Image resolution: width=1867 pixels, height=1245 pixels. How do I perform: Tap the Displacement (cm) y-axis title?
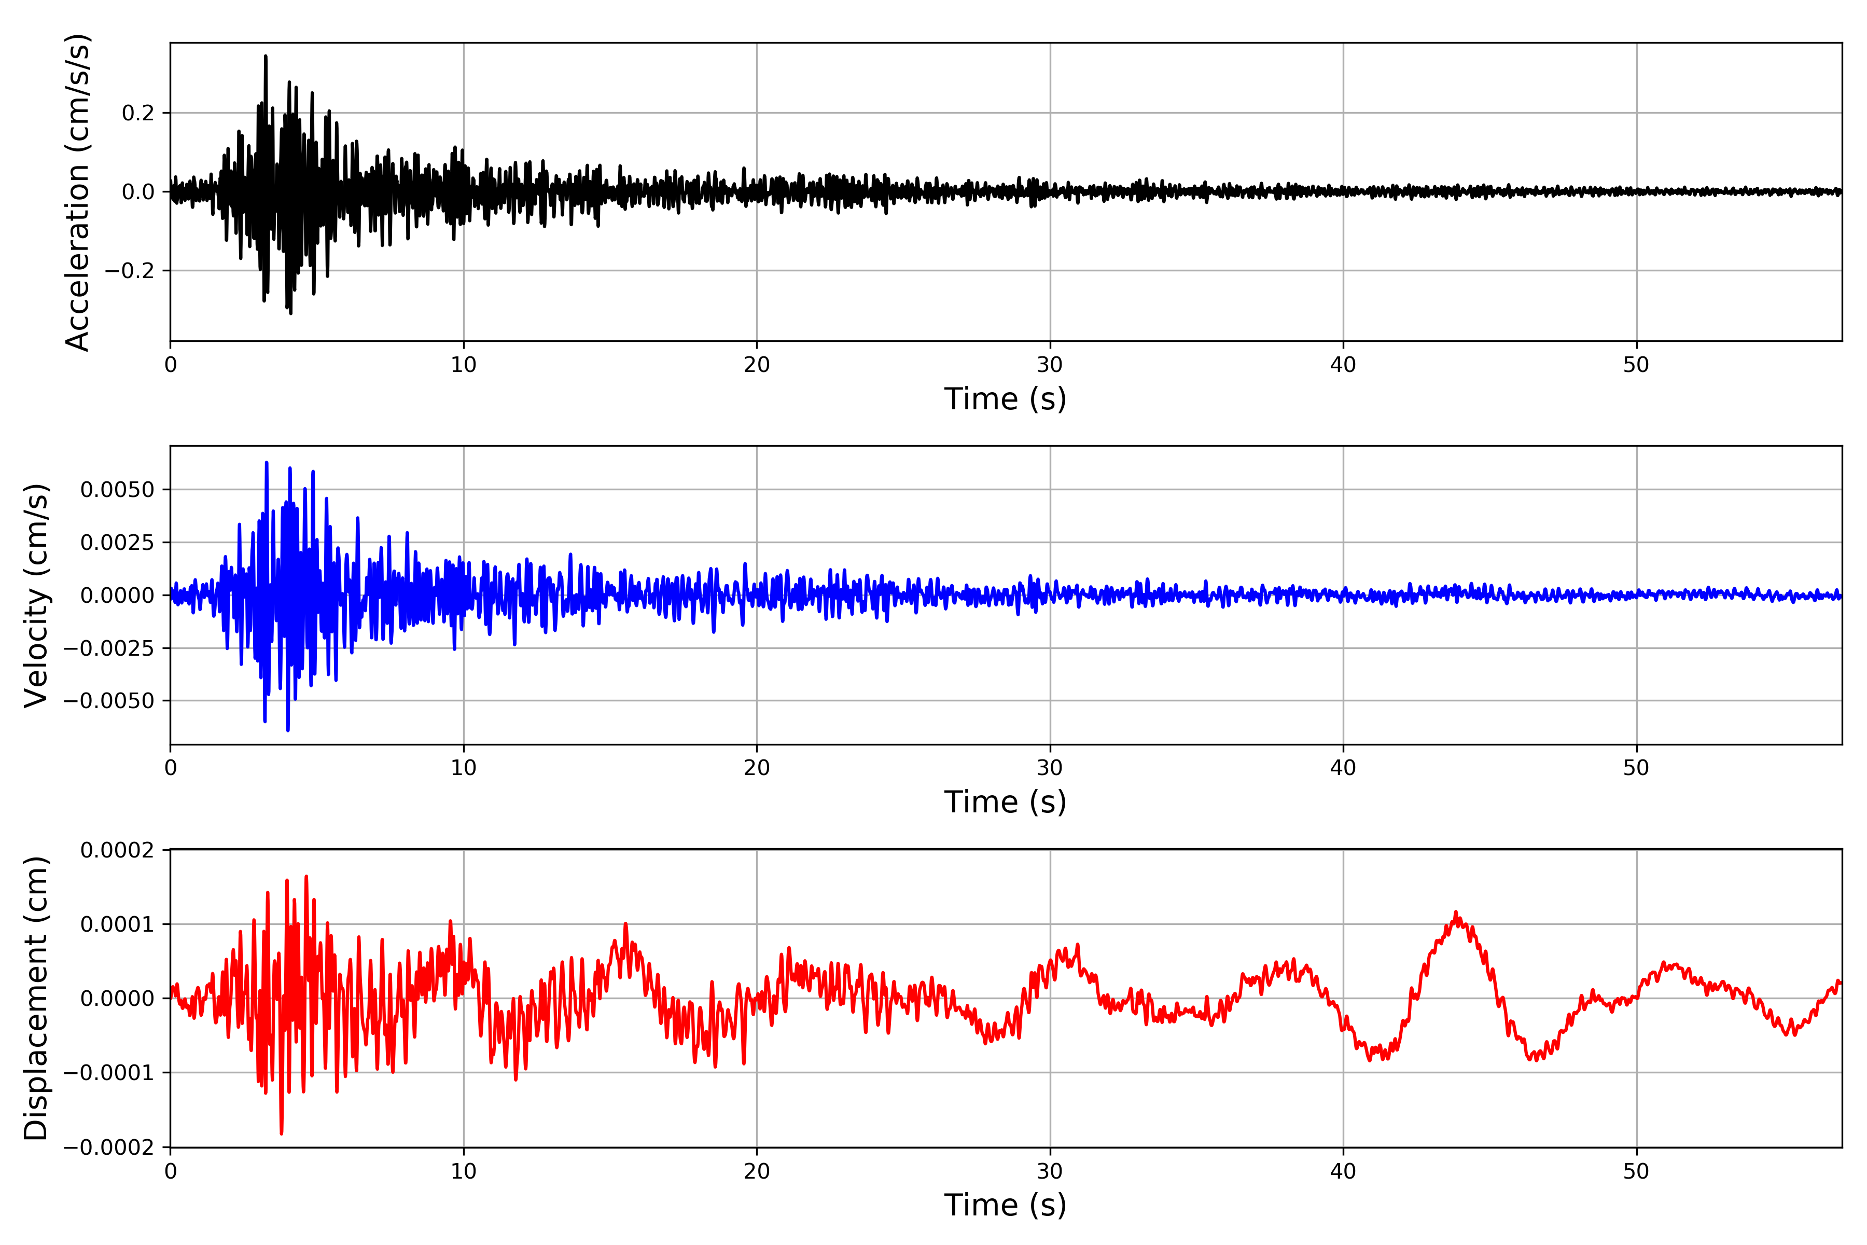pyautogui.click(x=36, y=998)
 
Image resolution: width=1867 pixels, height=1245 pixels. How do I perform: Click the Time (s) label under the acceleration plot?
pyautogui.click(x=1005, y=398)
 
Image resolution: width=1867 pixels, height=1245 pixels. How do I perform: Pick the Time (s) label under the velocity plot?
pyautogui.click(x=1005, y=802)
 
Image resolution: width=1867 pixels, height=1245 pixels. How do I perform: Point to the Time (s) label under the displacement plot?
pyautogui.click(x=1005, y=1205)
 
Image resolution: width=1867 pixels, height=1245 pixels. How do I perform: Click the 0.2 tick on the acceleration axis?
pyautogui.click(x=137, y=113)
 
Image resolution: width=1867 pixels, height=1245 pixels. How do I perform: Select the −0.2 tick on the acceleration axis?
pyautogui.click(x=129, y=271)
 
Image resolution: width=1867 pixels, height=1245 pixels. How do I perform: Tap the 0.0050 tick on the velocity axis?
pyautogui.click(x=118, y=490)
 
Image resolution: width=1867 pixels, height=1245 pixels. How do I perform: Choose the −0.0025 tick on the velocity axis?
pyautogui.click(x=109, y=648)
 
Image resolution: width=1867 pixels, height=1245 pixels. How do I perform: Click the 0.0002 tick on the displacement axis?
pyautogui.click(x=118, y=850)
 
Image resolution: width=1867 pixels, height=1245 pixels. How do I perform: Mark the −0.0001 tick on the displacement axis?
pyautogui.click(x=109, y=1073)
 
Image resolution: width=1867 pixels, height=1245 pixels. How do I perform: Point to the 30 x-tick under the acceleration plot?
pyautogui.click(x=1049, y=365)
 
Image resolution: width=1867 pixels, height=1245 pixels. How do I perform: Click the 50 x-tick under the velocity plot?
pyautogui.click(x=1636, y=768)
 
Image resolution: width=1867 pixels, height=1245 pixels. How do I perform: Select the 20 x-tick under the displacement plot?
pyautogui.click(x=757, y=1171)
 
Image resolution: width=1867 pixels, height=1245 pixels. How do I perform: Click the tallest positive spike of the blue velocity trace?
pyautogui.click(x=267, y=462)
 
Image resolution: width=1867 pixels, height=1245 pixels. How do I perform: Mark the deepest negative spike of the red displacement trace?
pyautogui.click(x=282, y=1133)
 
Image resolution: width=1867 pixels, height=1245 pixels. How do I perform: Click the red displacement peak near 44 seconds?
pyautogui.click(x=1455, y=912)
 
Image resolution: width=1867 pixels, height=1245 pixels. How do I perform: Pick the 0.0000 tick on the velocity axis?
pyautogui.click(x=118, y=596)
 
